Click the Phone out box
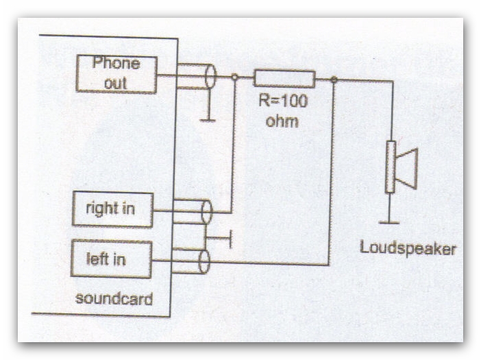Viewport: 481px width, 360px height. pyautogui.click(x=116, y=74)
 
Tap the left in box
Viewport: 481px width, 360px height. pyautogui.click(x=111, y=259)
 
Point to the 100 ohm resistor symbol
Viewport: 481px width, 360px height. pyautogui.click(x=284, y=79)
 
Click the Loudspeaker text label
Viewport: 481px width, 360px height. pyautogui.click(x=407, y=248)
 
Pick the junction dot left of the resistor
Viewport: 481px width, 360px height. pyautogui.click(x=235, y=78)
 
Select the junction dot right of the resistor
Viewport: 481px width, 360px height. pyautogui.click(x=333, y=80)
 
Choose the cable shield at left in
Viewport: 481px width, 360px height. pyautogui.click(x=204, y=261)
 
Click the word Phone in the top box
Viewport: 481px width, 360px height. pyautogui.click(x=116, y=64)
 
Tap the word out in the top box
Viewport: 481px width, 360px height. pyautogui.click(x=116, y=83)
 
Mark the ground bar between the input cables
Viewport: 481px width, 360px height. pyautogui.click(x=232, y=239)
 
